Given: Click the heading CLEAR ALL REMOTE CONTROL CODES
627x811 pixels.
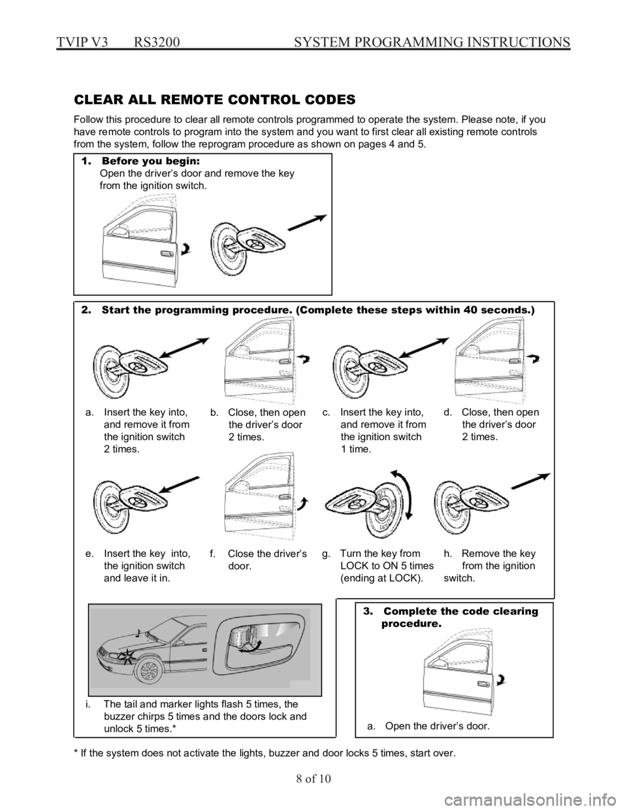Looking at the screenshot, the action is coord(215,100).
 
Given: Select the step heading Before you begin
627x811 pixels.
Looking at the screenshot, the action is coord(151,161).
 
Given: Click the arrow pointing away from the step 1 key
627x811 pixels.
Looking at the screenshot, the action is coord(308,223).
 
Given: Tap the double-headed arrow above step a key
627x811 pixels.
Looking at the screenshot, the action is coord(185,348).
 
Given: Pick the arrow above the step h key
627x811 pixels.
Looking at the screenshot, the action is coord(530,481).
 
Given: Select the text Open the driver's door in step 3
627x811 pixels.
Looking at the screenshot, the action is coord(437,726).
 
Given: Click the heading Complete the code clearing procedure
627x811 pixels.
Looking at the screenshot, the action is coord(451,617).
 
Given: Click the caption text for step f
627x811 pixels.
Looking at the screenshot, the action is coord(258,560).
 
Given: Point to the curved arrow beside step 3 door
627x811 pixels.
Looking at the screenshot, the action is coord(502,679).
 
